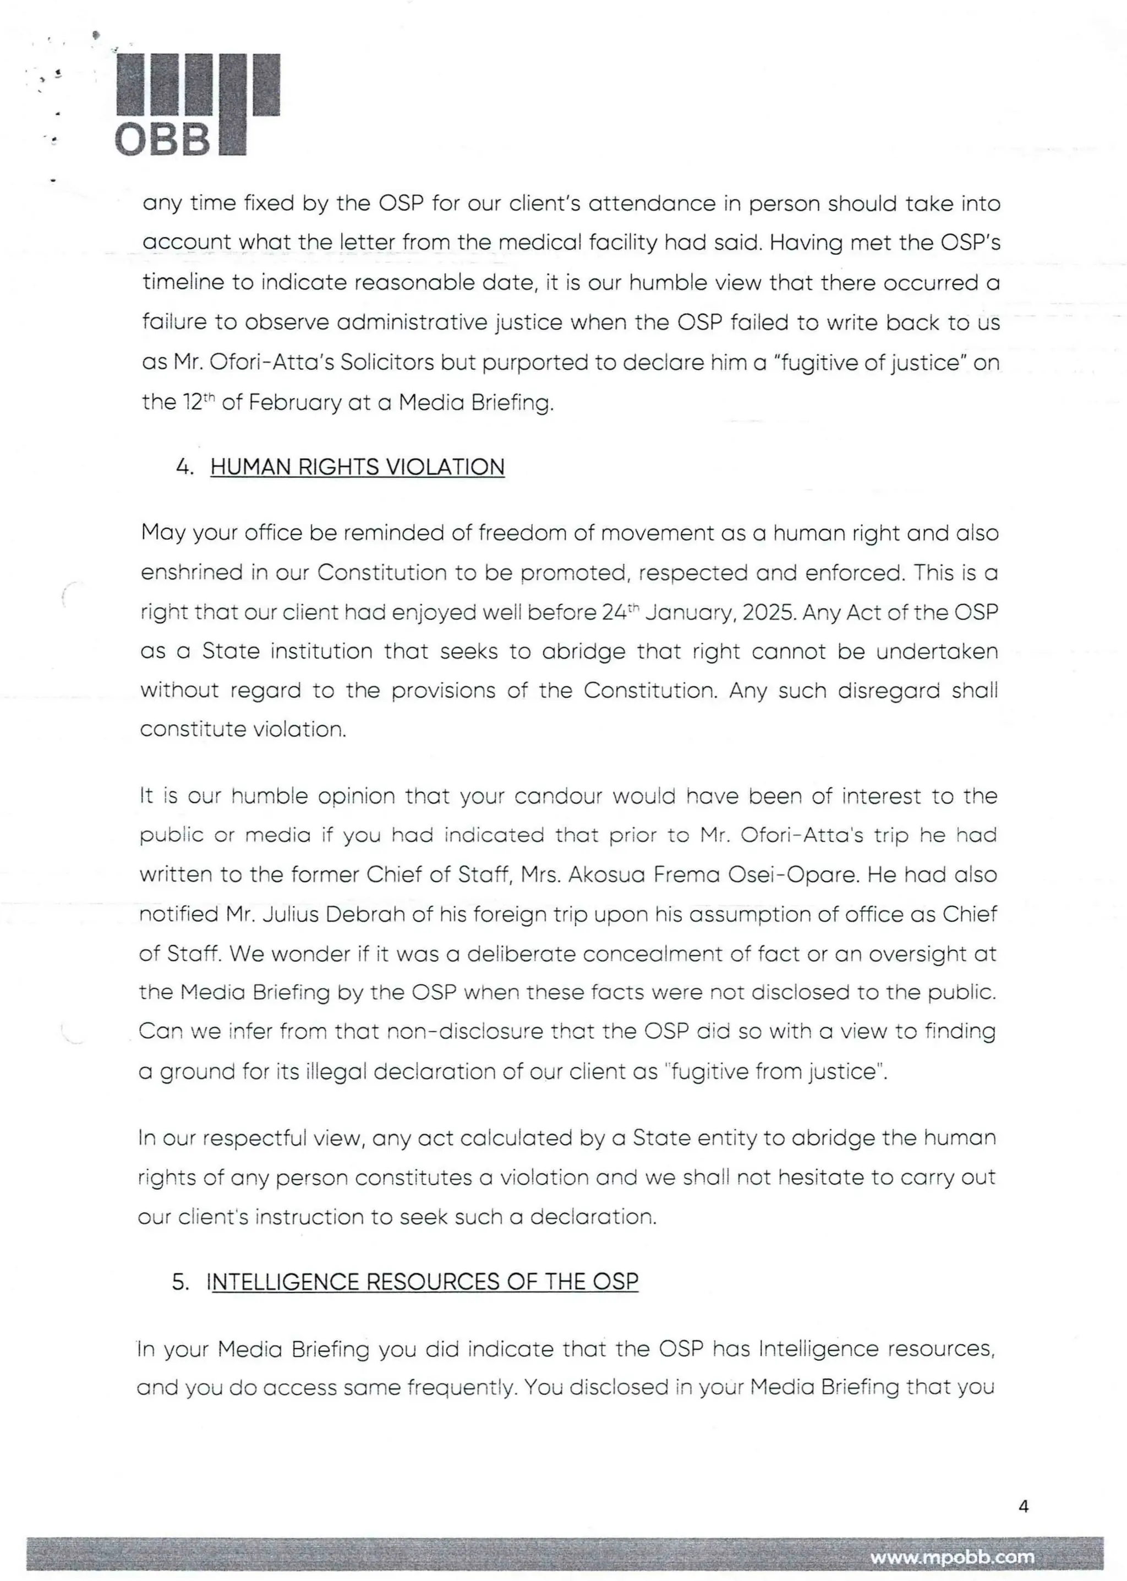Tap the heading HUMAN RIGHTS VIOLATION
click(x=357, y=467)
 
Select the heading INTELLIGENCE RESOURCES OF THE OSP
click(x=423, y=1281)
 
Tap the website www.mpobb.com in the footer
click(x=952, y=1557)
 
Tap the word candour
click(x=558, y=796)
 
